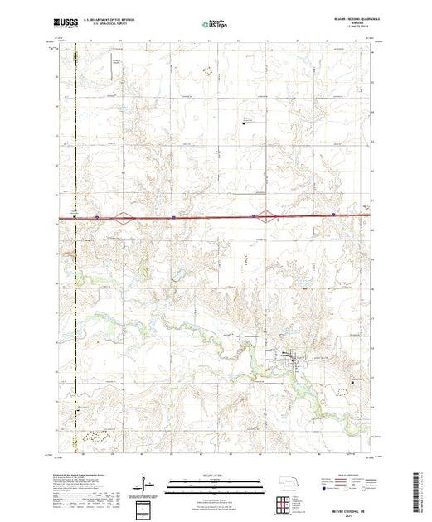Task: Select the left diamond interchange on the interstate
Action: click(x=122, y=218)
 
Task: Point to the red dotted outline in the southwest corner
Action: click(x=97, y=433)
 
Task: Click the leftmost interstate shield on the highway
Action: click(x=97, y=218)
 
